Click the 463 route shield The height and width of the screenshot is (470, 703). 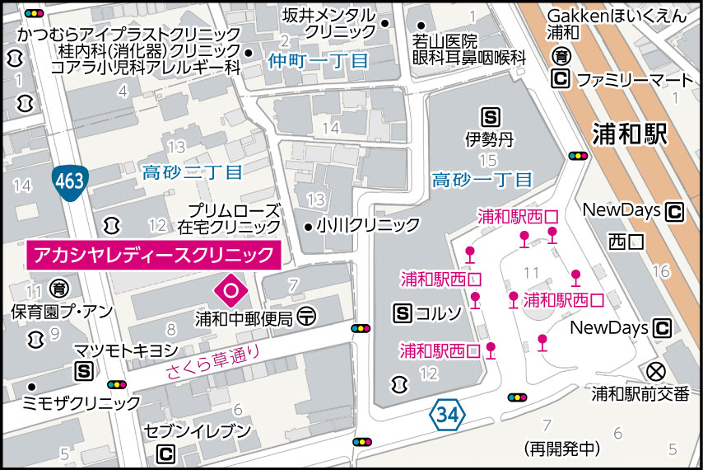pyautogui.click(x=69, y=181)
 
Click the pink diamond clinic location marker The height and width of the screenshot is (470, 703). pyautogui.click(x=230, y=289)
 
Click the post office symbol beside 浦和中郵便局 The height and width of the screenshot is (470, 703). pyautogui.click(x=306, y=315)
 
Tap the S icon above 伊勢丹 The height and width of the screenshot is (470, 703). pyautogui.click(x=491, y=117)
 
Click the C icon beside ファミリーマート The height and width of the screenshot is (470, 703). pyautogui.click(x=561, y=80)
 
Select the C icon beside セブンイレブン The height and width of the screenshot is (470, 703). pyautogui.click(x=166, y=454)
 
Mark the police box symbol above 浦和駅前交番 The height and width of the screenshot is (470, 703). pyautogui.click(x=656, y=370)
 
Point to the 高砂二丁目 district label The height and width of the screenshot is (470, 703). pyautogui.click(x=193, y=173)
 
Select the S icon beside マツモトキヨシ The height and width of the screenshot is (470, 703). pyautogui.click(x=83, y=371)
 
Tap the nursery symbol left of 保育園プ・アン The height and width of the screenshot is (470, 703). pyautogui.click(x=59, y=289)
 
